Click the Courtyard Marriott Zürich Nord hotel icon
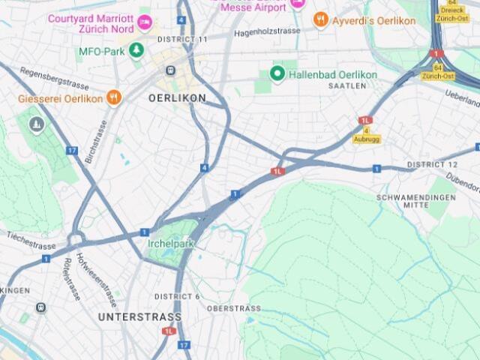pyautogui.click(x=145, y=22)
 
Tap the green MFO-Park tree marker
pyautogui.click(x=136, y=50)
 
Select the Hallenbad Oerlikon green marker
pyautogui.click(x=277, y=73)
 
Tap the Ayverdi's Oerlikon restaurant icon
pyautogui.click(x=321, y=20)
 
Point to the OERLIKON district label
pyautogui.click(x=177, y=98)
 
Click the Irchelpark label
pyautogui.click(x=170, y=244)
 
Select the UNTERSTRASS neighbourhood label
pyautogui.click(x=130, y=317)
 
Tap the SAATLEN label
pyautogui.click(x=346, y=86)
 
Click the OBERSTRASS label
pyautogui.click(x=234, y=308)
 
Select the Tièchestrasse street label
pyautogui.click(x=31, y=240)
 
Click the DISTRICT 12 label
pyautogui.click(x=432, y=164)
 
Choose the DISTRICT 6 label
pyautogui.click(x=177, y=296)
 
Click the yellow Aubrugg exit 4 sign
pyautogui.click(x=366, y=135)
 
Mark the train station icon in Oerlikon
pyautogui.click(x=171, y=70)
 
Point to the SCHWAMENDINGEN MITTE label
pyautogui.click(x=416, y=200)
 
